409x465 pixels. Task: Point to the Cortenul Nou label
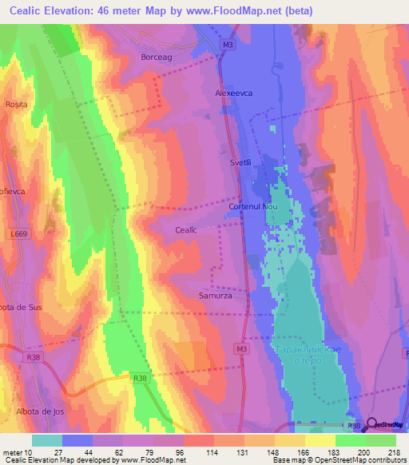coord(252,206)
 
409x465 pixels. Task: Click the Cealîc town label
coord(185,229)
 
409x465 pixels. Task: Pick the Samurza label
coord(214,296)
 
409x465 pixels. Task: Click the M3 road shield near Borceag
coord(228,46)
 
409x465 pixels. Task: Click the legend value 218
coord(393,452)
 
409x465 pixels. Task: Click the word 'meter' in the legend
coord(13,452)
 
